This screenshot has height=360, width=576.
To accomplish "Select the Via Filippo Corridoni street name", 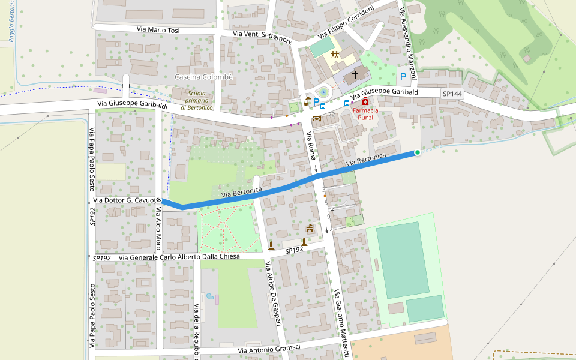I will pos(346,21).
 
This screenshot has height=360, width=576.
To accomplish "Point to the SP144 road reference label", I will pos(452,94).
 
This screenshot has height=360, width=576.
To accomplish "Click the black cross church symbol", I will pos(355,75).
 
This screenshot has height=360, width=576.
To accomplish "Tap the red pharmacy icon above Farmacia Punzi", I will pos(365,103).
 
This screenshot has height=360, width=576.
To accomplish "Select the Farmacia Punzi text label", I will pos(365,114).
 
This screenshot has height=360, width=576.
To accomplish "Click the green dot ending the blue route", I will pos(417,153).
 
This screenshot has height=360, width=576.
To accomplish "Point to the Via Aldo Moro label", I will pos(159,229).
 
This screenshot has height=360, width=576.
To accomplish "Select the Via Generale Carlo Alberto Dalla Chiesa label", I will pos(179,257).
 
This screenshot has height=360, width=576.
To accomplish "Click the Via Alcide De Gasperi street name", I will pos(273,294).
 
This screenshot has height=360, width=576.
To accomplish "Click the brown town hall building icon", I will pos(310,228).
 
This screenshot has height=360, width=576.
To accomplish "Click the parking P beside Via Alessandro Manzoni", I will pos(403,77).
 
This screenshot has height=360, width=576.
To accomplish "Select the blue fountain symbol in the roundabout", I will pos(323,92).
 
